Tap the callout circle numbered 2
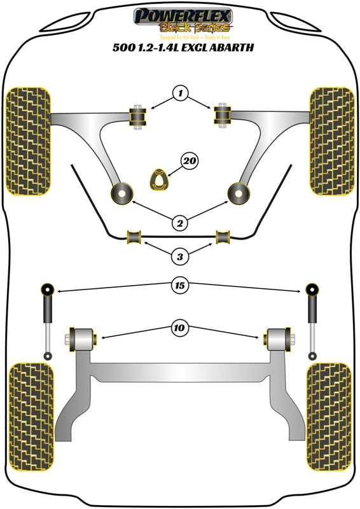(180, 223)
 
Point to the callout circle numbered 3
(180, 256)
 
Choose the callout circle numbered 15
(180, 286)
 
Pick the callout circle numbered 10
(180, 328)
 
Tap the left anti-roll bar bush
(134, 237)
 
